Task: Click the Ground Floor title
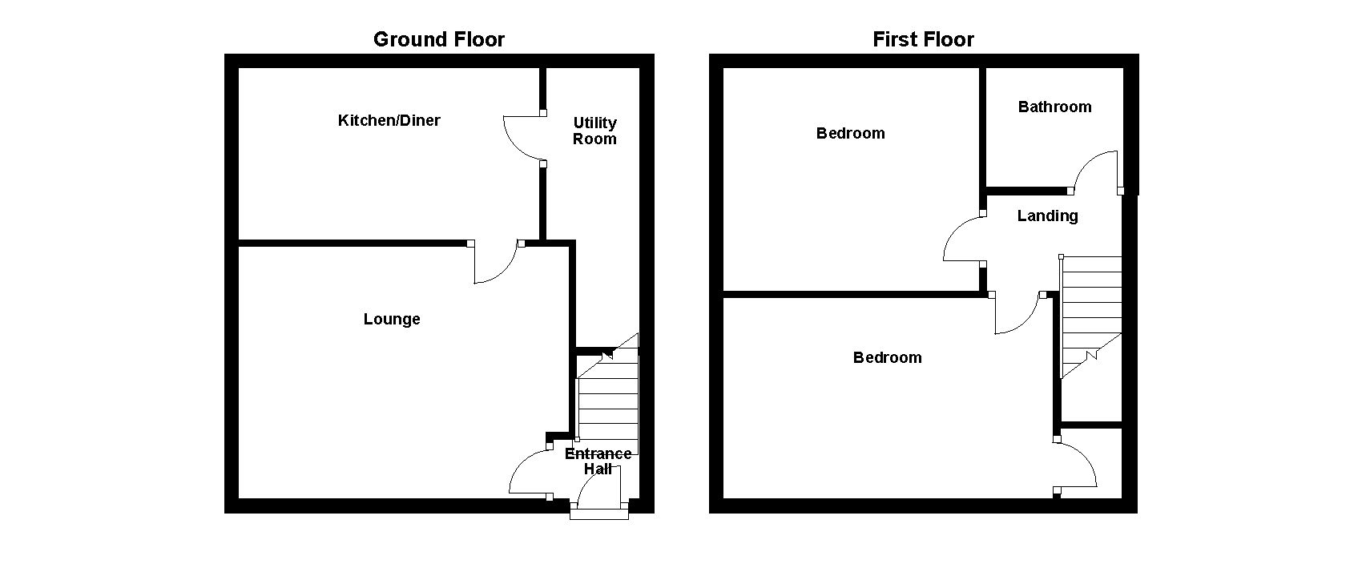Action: click(439, 39)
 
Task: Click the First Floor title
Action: click(923, 39)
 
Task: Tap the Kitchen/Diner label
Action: click(389, 120)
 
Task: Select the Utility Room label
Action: click(594, 131)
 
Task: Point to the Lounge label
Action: click(392, 319)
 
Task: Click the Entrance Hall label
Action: click(598, 461)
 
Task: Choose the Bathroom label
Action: click(1054, 107)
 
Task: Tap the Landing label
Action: click(1047, 216)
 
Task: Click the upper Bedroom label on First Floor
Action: click(850, 133)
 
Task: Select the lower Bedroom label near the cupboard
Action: click(887, 357)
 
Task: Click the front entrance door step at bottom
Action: click(599, 514)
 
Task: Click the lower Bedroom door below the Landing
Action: click(1017, 314)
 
